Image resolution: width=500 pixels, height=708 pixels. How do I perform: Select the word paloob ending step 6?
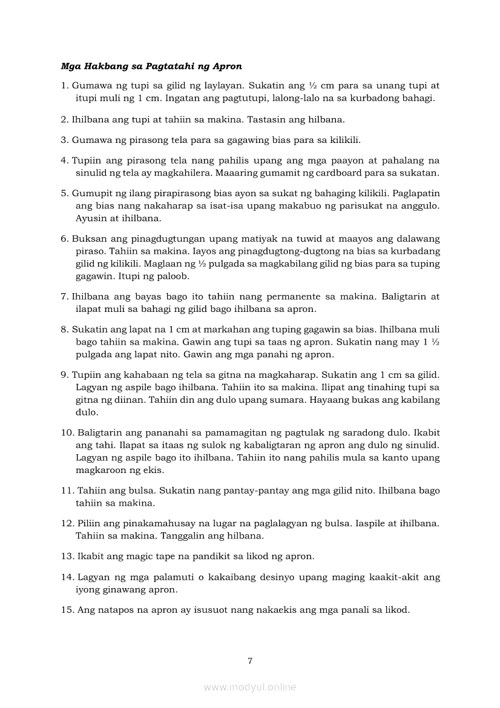click(x=175, y=276)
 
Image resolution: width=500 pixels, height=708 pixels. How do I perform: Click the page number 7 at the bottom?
click(x=250, y=660)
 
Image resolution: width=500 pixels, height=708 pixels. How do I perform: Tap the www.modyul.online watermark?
click(x=250, y=687)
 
